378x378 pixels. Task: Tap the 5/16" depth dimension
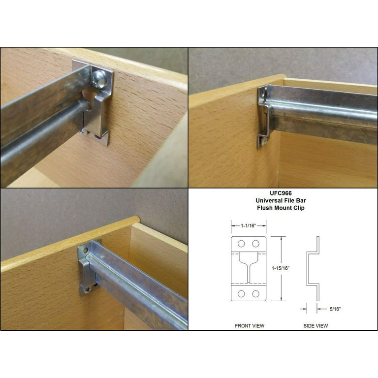336,309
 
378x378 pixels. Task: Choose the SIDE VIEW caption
315,325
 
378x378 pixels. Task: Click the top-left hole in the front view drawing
241,244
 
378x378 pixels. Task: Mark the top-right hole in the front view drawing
256,244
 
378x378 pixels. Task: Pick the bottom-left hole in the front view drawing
241,293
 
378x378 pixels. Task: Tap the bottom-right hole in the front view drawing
256,293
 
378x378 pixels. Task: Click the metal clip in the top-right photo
264,118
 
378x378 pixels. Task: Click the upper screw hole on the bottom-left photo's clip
85,250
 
